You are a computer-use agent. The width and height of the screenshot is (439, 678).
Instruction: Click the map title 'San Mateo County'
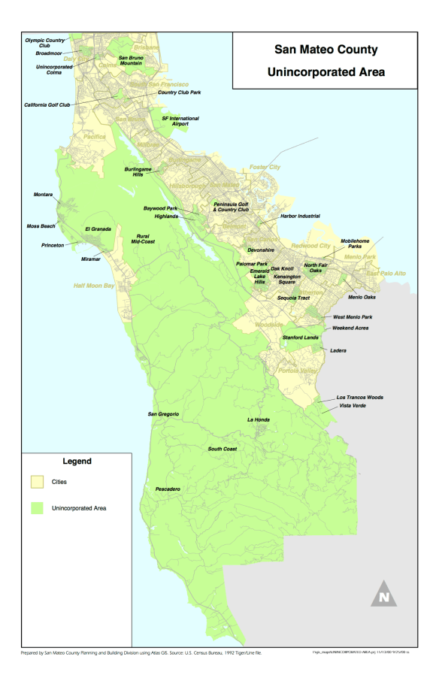[x=325, y=51]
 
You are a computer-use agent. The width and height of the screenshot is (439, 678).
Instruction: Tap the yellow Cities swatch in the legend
[x=36, y=481]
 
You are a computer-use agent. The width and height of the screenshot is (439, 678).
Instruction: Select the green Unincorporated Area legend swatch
[x=36, y=508]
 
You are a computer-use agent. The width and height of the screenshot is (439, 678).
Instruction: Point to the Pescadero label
[x=167, y=489]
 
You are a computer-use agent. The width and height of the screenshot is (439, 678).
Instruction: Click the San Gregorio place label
[x=162, y=414]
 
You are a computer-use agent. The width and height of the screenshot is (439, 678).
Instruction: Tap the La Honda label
[x=258, y=419]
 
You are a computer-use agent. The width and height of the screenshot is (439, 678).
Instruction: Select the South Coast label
[x=223, y=449]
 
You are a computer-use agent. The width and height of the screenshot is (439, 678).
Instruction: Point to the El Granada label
[x=98, y=228]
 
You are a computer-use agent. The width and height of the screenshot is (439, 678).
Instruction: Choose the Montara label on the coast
[x=44, y=195]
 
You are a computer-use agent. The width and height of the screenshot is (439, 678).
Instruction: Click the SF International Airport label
[x=180, y=121]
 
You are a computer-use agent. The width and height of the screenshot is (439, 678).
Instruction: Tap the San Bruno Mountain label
[x=132, y=60]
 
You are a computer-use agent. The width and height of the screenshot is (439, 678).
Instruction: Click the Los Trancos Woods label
[x=359, y=396]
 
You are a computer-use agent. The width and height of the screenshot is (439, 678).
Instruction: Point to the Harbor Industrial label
[x=300, y=216]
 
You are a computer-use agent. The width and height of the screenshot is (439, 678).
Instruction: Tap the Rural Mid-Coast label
[x=147, y=238]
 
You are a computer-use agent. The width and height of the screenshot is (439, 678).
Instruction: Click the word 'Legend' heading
[x=77, y=460]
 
